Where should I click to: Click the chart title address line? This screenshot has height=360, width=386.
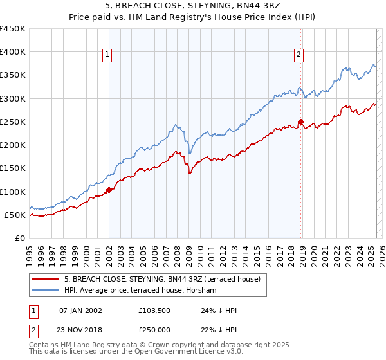coord(192,6)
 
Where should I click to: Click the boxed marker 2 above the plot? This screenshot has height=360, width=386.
coord(299,55)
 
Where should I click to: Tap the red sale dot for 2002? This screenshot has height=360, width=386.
coord(109,190)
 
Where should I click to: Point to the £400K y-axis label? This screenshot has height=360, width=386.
coord(13,52)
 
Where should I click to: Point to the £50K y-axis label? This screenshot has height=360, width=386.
coord(15,215)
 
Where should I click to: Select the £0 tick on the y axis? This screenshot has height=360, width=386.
coord(21,238)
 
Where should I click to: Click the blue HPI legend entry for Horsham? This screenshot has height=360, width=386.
coord(142,291)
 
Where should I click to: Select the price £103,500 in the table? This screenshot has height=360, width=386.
coord(153,310)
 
